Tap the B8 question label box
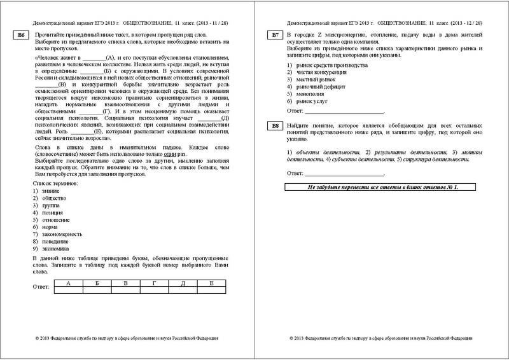click(275, 125)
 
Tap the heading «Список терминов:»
click(55, 183)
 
